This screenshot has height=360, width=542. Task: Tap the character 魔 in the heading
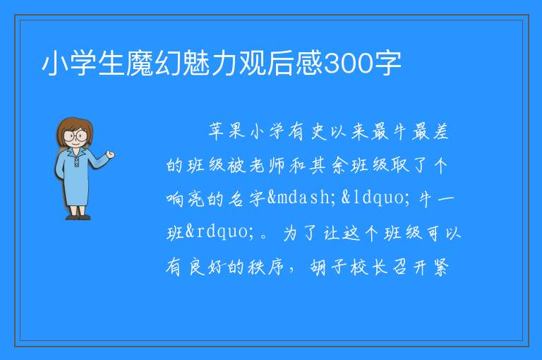coord(140,63)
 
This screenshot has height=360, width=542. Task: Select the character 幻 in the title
coord(168,63)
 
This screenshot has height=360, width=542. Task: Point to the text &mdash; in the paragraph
coord(301,198)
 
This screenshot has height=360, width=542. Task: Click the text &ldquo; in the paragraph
coord(375,198)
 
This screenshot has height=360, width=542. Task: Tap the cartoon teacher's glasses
coord(76,136)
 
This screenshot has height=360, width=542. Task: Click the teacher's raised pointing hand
coord(110,155)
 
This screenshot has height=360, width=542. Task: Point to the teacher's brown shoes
coord(78,217)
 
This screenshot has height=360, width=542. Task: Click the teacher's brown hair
coord(75,128)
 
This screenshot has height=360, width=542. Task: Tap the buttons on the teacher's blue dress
coord(77,161)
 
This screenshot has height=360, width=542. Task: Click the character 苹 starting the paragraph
coord(217,131)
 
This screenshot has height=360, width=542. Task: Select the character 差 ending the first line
coord(440,131)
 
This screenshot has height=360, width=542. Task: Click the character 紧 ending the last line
coord(440,267)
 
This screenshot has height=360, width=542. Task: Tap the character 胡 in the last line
coord(318,267)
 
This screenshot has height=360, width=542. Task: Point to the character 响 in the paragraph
coord(174,199)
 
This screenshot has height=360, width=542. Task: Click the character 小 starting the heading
coord(55,63)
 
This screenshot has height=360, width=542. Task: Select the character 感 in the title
coord(308,63)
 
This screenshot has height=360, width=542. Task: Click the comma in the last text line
coord(291,271)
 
